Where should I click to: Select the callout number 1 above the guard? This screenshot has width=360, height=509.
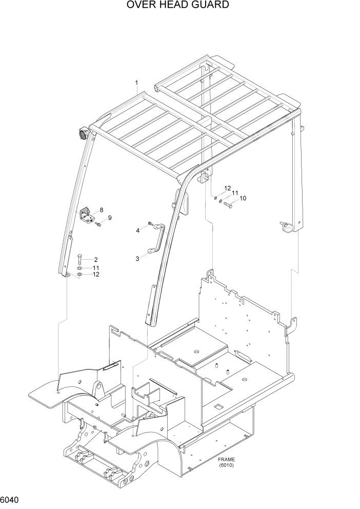coord(136,83)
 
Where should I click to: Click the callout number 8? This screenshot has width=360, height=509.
coord(102,210)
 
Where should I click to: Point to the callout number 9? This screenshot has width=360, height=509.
coord(109,218)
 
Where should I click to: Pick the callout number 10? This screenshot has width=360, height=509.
coord(243,198)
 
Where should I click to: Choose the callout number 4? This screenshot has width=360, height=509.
coord(137,231)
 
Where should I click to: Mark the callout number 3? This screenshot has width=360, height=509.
coord(137,259)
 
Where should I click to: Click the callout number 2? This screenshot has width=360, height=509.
coord(95,260)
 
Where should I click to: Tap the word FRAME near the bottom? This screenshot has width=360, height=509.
coord(226,459)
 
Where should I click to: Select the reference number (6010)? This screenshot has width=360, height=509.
coord(226,465)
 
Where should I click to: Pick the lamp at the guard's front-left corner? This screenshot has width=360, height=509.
coord(82,135)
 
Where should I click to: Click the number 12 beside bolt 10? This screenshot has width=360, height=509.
coord(227,188)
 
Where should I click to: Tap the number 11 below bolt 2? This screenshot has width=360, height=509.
coord(95,267)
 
